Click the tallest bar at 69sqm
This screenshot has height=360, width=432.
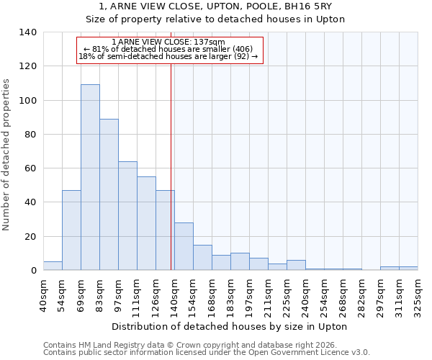pyautogui.click(x=90, y=177)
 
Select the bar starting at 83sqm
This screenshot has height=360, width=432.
pyautogui.click(x=109, y=194)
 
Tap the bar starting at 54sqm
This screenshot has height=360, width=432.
pyautogui.click(x=71, y=230)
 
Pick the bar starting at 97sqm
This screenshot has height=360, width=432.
pyautogui.click(x=127, y=215)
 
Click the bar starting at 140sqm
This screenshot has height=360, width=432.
pyautogui.click(x=184, y=246)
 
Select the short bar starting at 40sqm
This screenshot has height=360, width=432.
pyautogui.click(x=53, y=266)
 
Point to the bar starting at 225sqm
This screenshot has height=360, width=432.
pyautogui.click(x=296, y=265)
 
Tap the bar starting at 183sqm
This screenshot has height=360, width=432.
pyautogui.click(x=240, y=261)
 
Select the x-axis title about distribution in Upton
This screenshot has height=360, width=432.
pyautogui.click(x=230, y=327)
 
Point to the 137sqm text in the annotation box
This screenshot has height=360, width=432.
pyautogui.click(x=210, y=42)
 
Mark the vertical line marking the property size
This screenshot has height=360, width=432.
pyautogui.click(x=171, y=166)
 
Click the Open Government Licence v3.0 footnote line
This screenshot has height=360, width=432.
pyautogui.click(x=207, y=353)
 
